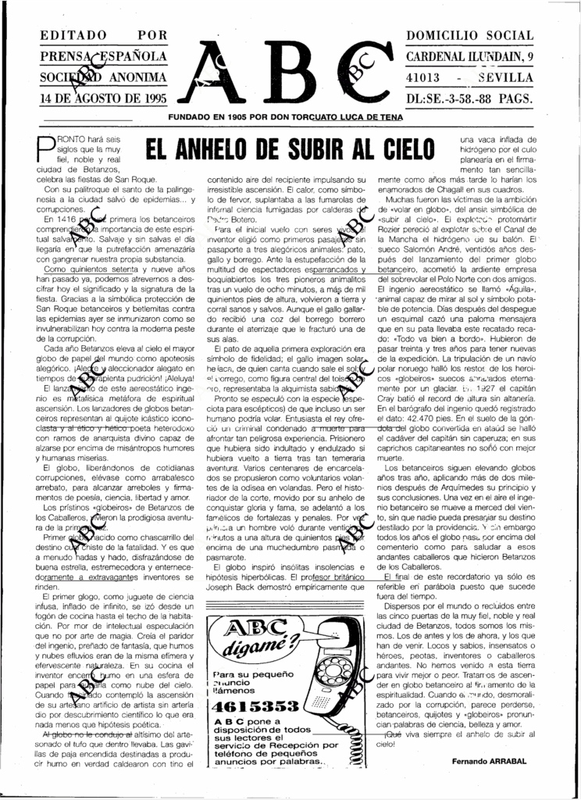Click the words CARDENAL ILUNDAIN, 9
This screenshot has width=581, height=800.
pos(469,57)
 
